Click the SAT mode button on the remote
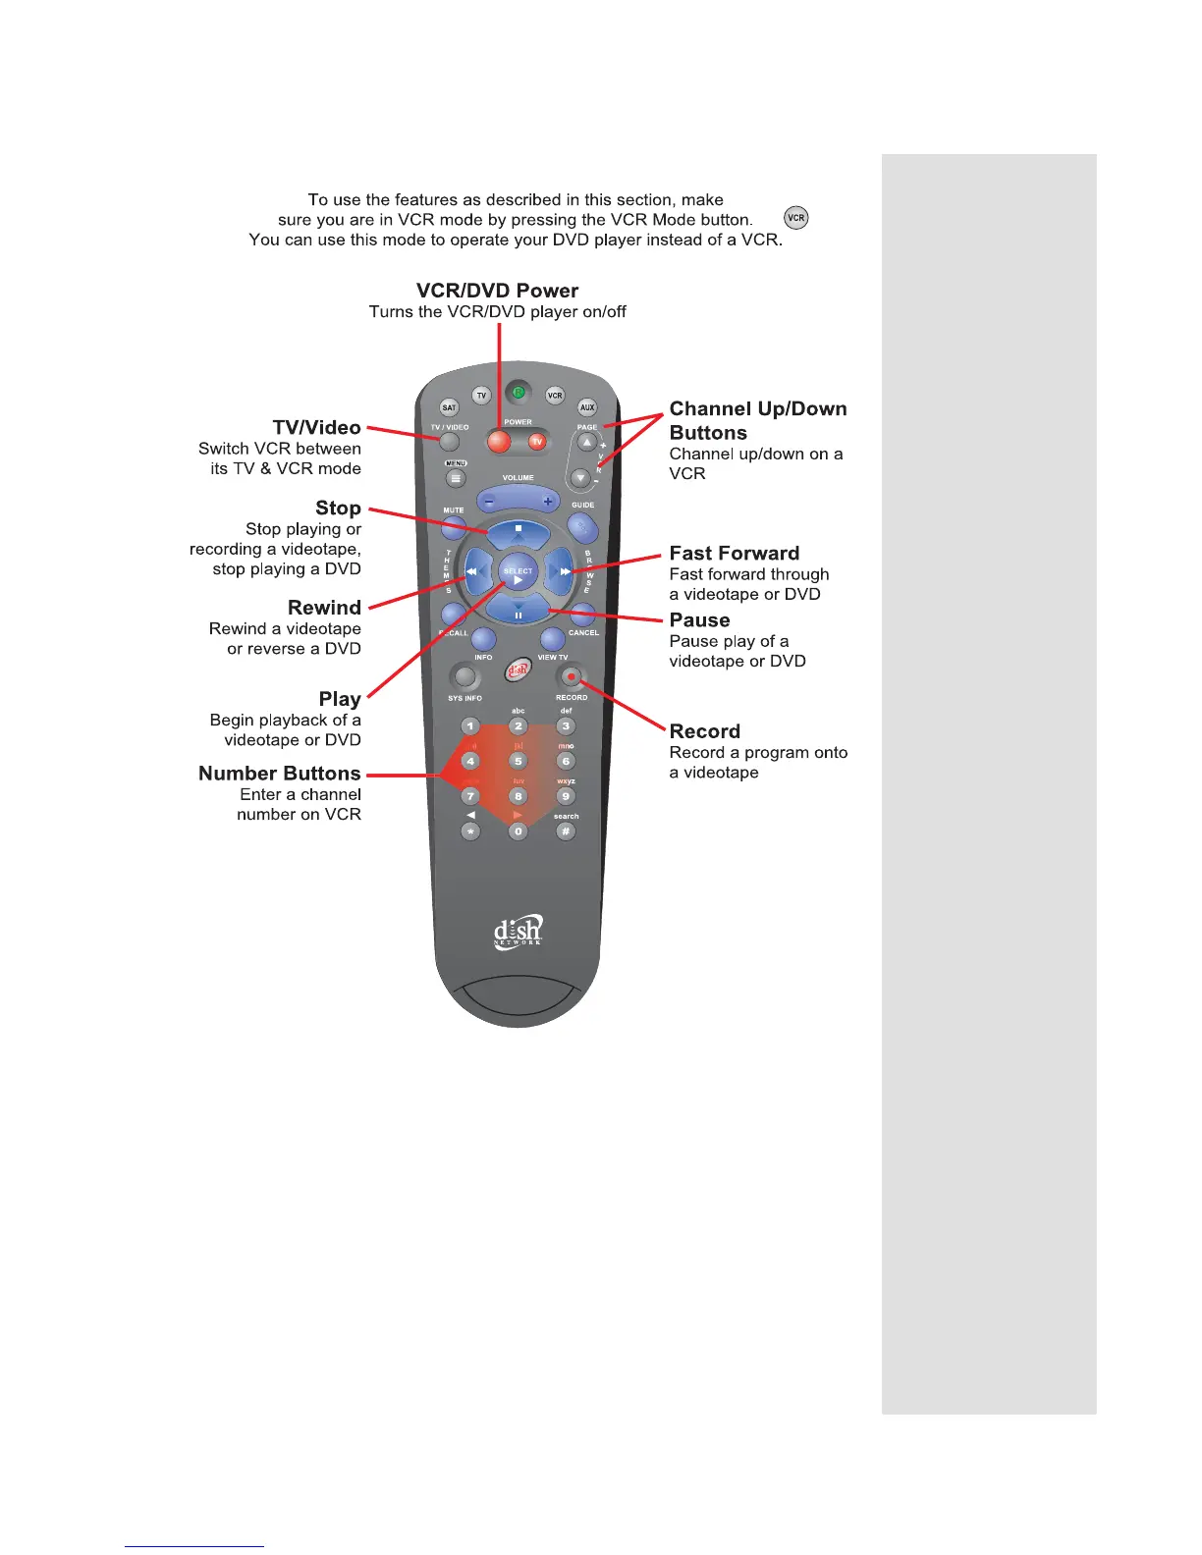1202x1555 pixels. coord(449,407)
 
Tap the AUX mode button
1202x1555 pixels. coord(587,407)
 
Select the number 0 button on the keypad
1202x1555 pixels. coord(519,831)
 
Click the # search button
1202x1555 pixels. coord(566,831)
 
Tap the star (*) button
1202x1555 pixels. coord(471,831)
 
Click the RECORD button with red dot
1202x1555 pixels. coord(571,676)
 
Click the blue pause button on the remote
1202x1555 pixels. coord(519,614)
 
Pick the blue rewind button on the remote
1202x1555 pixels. coord(474,570)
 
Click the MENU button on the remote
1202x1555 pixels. coord(456,479)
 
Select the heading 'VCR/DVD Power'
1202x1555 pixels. coord(497,291)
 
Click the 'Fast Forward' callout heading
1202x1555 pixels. coord(735,553)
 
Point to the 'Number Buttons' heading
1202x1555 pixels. coord(280,774)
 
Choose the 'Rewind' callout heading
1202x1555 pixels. coord(324,608)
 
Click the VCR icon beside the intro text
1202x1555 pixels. coord(796,218)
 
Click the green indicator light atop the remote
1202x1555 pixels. coord(519,394)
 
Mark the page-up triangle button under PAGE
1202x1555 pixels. coord(587,443)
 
